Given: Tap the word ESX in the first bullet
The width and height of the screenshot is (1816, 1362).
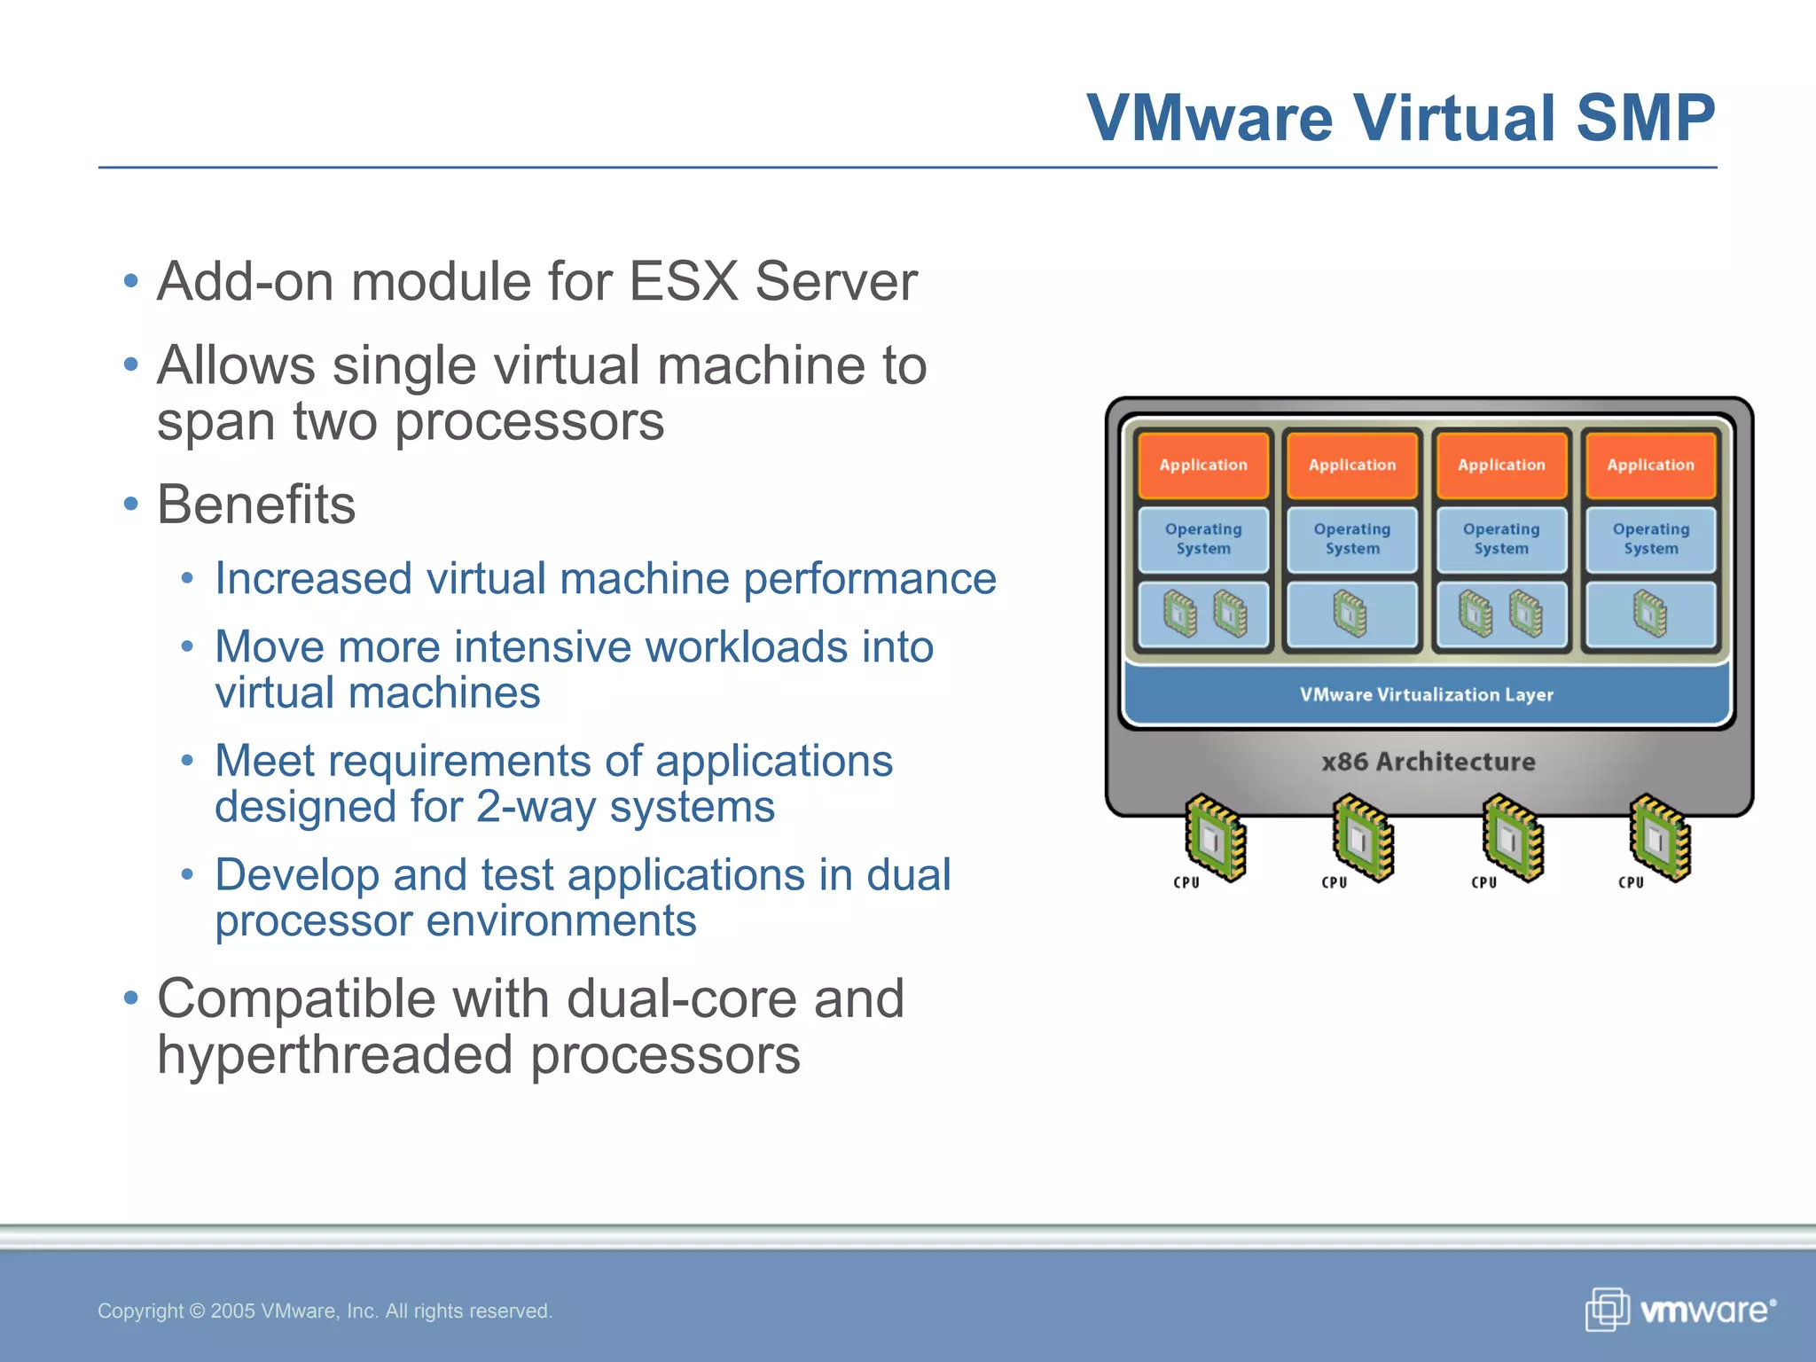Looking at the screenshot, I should tap(684, 282).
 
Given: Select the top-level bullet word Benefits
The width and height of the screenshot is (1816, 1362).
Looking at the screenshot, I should tap(256, 505).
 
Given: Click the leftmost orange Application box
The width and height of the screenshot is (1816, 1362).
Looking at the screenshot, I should tap(1203, 466).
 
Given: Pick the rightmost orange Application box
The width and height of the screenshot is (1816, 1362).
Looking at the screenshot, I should tap(1650, 466).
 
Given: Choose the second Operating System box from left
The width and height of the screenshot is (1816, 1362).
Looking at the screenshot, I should tap(1352, 538).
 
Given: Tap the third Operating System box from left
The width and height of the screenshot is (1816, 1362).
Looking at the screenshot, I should tap(1501, 538).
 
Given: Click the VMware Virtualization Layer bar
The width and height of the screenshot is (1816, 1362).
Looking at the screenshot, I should tap(1427, 694).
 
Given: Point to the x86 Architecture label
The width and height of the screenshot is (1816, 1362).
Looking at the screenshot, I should tap(1428, 762).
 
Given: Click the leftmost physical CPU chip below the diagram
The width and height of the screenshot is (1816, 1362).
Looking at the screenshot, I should tap(1217, 837).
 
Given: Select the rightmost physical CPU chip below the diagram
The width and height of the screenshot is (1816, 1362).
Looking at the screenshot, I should tap(1660, 837).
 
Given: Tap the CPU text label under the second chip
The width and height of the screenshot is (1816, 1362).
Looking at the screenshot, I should tap(1335, 882).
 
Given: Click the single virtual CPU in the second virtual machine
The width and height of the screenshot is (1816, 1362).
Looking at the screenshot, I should tap(1350, 614).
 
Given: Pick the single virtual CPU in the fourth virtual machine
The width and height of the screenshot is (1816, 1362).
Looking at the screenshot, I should tap(1650, 614).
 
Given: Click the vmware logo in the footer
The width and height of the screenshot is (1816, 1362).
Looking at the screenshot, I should tap(1681, 1310).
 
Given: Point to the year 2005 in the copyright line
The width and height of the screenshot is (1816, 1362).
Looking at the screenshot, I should tap(232, 1311).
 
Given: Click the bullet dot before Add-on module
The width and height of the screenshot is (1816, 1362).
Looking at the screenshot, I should tap(131, 282).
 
